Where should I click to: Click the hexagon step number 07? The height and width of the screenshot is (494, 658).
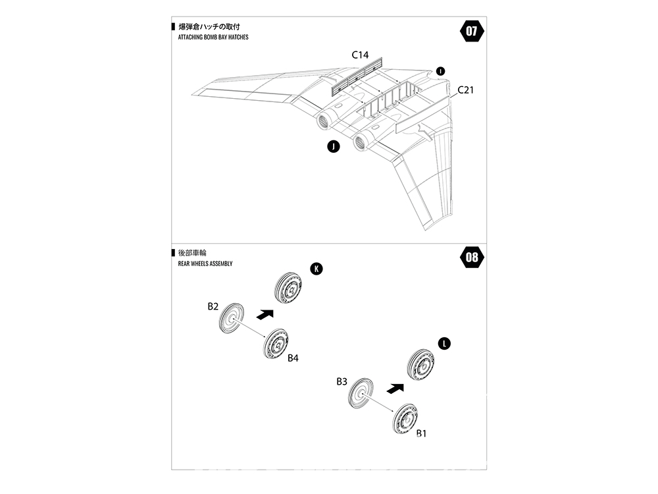[472, 31]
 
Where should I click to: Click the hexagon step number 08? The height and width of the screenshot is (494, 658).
[472, 257]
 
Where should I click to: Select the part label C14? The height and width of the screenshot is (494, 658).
[360, 55]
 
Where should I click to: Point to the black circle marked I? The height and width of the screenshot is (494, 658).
[440, 70]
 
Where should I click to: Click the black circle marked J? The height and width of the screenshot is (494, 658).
[334, 147]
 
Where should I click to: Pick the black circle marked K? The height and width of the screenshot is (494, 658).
[316, 269]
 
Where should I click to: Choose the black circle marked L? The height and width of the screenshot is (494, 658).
[445, 344]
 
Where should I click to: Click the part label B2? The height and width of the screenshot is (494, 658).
[213, 306]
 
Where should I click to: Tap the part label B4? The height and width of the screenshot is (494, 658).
[293, 358]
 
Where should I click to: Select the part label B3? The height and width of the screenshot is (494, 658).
[342, 381]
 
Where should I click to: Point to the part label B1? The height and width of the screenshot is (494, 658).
[422, 433]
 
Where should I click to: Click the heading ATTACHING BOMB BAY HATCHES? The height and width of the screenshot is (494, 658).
[213, 38]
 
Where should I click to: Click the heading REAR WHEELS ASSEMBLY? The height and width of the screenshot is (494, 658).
[205, 263]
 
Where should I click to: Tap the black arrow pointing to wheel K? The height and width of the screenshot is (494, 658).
[264, 314]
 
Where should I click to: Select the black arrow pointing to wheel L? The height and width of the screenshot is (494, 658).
[393, 389]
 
